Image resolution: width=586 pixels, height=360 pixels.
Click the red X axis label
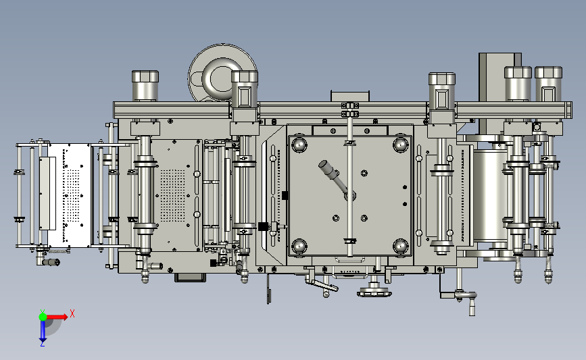72,313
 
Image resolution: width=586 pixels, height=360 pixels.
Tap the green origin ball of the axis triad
43,317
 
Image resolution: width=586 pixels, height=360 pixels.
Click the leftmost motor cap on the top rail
145,86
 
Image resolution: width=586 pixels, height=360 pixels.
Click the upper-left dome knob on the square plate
299,145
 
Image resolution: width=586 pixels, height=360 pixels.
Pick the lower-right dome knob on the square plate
400,246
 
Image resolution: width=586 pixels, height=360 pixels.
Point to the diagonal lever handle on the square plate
335,178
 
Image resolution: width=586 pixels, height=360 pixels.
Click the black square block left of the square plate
263,226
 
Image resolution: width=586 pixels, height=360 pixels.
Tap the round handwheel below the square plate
374,291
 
